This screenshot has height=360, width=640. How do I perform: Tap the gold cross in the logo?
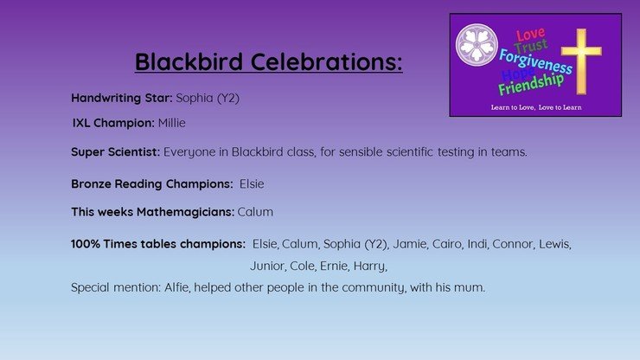[x=581, y=61]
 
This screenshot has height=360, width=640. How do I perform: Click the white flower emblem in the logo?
[x=477, y=45]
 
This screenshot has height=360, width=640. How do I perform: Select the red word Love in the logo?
[x=530, y=35]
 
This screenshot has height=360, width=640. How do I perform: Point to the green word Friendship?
[x=531, y=84]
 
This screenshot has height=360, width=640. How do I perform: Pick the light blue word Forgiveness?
[x=535, y=61]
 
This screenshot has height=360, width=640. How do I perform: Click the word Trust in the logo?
[x=531, y=46]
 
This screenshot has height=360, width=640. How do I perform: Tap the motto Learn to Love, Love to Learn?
[x=536, y=107]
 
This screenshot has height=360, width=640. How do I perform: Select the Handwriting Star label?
[x=122, y=98]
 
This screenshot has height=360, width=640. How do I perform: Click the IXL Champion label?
[x=113, y=123]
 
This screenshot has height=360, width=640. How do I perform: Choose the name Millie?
[x=172, y=123]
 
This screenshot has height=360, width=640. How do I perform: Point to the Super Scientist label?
[x=116, y=152]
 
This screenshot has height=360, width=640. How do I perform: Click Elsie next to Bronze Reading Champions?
[x=252, y=183]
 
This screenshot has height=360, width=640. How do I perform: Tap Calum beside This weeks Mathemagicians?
[x=255, y=212]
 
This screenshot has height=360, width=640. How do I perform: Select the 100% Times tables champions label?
[x=158, y=244]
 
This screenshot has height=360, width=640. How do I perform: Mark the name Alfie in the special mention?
[x=177, y=287]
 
